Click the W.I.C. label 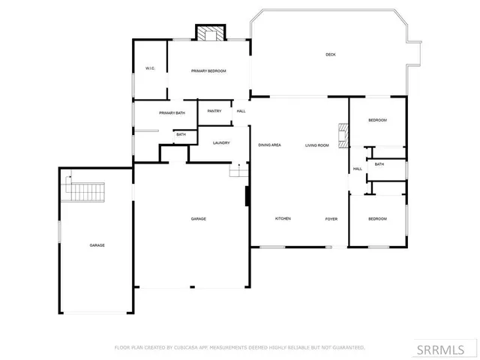pyautogui.click(x=150, y=69)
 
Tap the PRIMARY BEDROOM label pyautogui.click(x=208, y=70)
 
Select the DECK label pyautogui.click(x=330, y=54)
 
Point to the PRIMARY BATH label pyautogui.click(x=172, y=112)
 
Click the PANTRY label pyautogui.click(x=214, y=111)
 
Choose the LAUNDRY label pyautogui.click(x=220, y=142)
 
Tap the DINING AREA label pyautogui.click(x=269, y=145)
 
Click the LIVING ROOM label pyautogui.click(x=317, y=145)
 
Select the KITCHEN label pyautogui.click(x=283, y=218)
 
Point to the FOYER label pyautogui.click(x=331, y=218)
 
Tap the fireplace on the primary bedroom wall pyautogui.click(x=211, y=34)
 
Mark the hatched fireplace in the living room pyautogui.click(x=343, y=136)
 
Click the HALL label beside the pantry pyautogui.click(x=241, y=111)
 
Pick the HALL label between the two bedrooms pyautogui.click(x=357, y=169)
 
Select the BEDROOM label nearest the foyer pyautogui.click(x=377, y=218)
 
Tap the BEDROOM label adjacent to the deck pyautogui.click(x=377, y=121)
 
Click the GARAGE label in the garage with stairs pyautogui.click(x=97, y=245)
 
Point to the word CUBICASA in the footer pyautogui.click(x=185, y=347)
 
